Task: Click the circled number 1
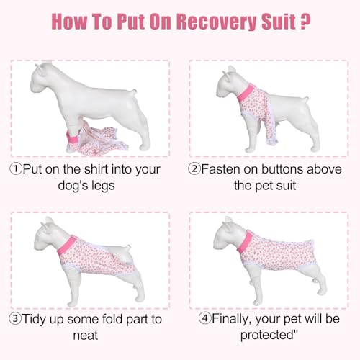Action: (x=16, y=170)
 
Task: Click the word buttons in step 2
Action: (x=271, y=170)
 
